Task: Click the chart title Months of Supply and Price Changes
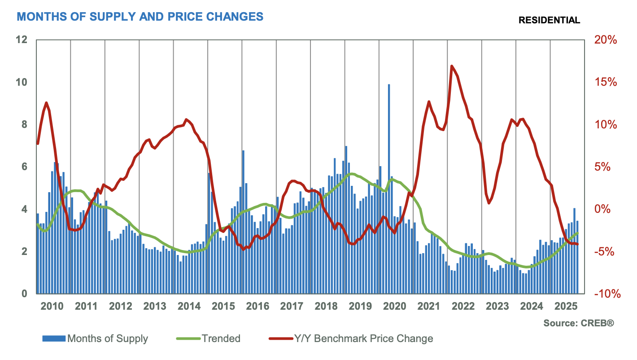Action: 140,17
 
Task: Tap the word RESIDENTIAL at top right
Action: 549,20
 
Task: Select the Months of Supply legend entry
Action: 95,338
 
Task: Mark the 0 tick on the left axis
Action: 25,294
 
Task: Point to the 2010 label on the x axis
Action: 52,307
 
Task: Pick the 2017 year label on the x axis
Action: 292,307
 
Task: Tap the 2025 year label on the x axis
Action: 566,307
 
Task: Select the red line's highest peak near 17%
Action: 451,66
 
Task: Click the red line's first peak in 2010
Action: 46,103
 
